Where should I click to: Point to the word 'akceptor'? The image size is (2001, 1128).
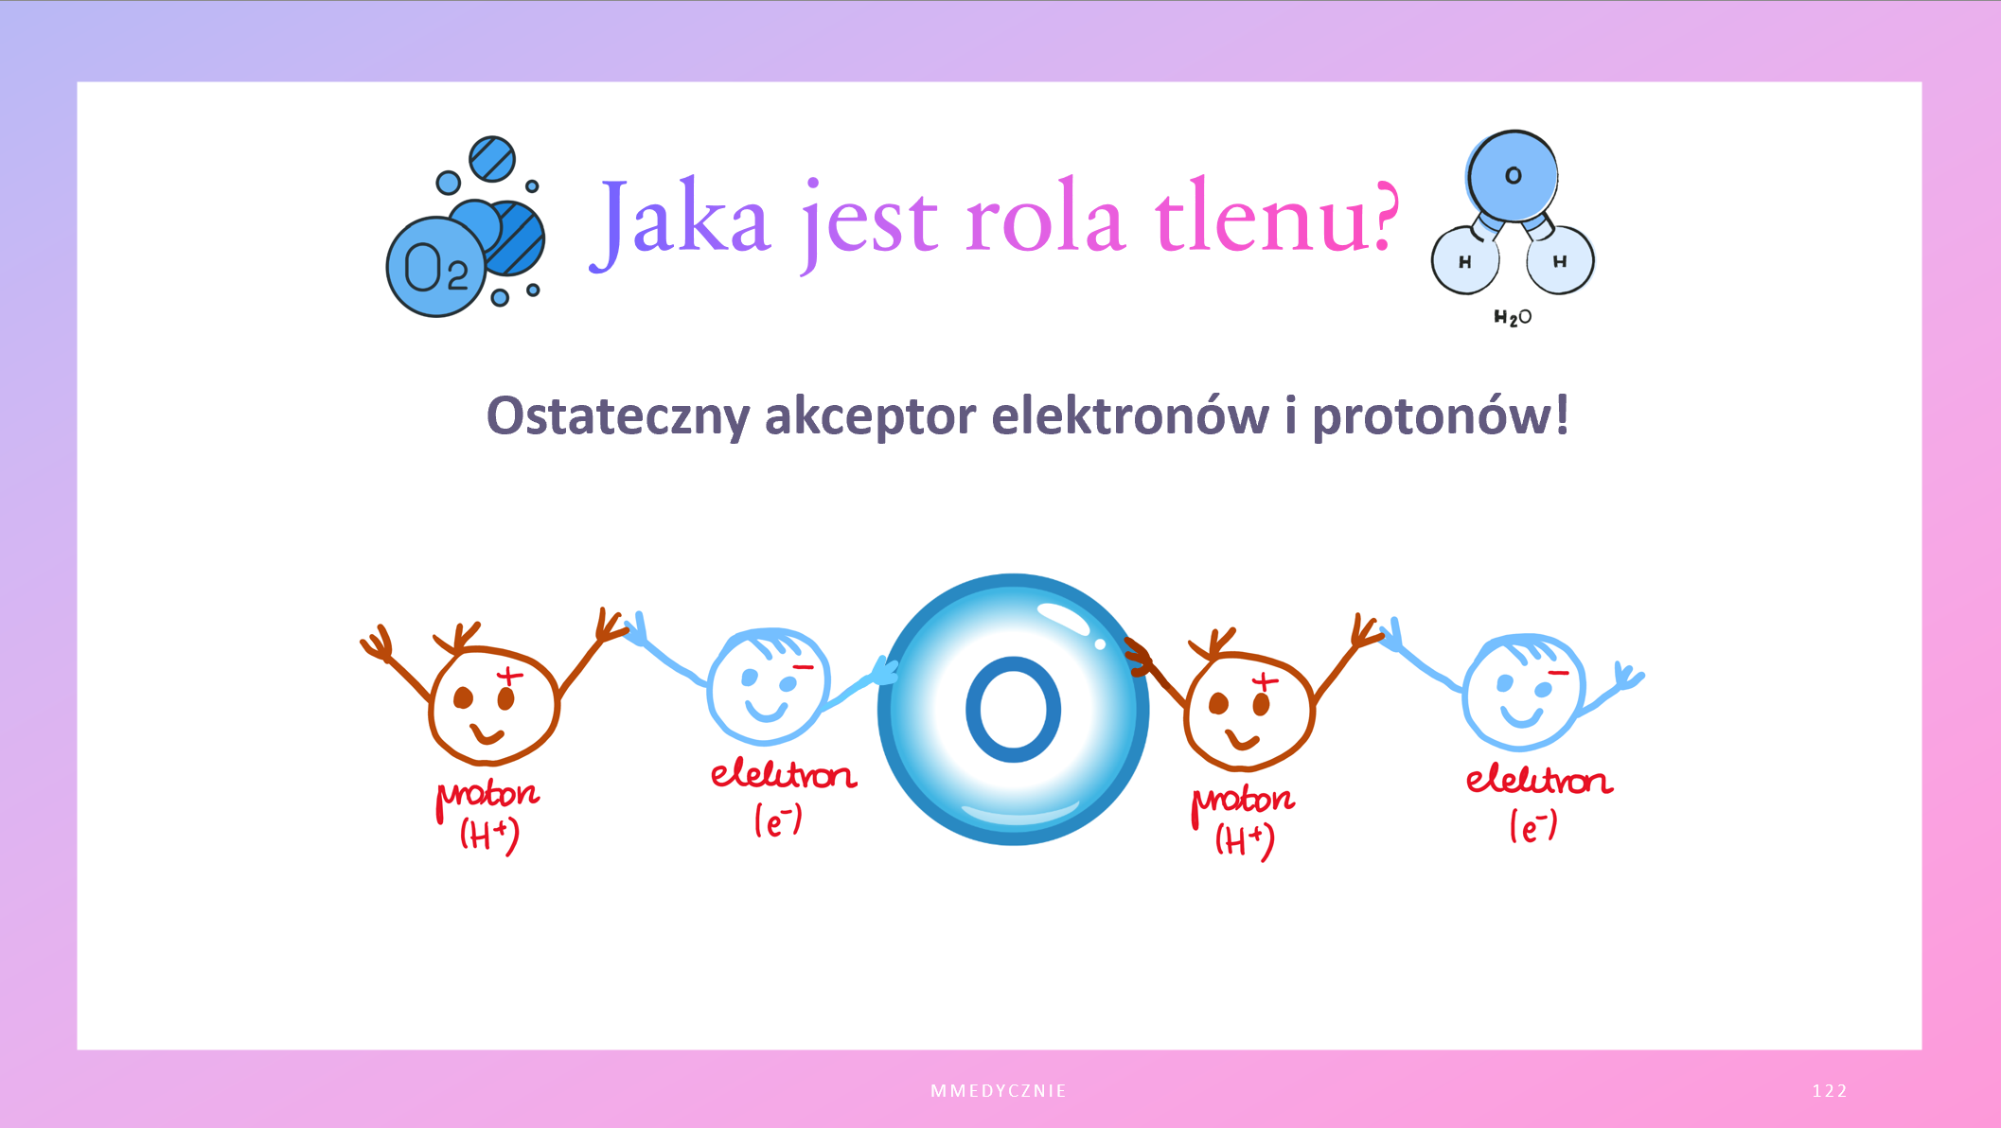point(870,417)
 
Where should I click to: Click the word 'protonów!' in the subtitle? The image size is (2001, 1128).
point(1440,417)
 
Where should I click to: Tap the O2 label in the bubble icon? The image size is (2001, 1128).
point(435,268)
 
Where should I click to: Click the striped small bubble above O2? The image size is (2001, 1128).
point(492,159)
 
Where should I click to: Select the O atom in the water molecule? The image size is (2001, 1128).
point(1513,176)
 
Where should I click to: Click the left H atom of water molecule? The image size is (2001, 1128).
point(1465,260)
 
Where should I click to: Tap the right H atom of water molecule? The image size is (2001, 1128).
point(1560,260)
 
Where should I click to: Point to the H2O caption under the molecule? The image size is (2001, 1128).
point(1513,318)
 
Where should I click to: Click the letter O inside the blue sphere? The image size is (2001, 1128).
point(1013,710)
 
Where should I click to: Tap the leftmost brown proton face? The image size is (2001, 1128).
point(493,705)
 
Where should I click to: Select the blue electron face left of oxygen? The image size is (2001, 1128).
point(769,686)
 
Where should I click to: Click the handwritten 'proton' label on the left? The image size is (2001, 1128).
point(487,798)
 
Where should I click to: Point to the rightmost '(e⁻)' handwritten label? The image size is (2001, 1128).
point(1533,825)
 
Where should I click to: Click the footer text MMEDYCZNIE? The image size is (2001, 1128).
point(999,1091)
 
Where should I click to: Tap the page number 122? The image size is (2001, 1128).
point(1830,1091)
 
